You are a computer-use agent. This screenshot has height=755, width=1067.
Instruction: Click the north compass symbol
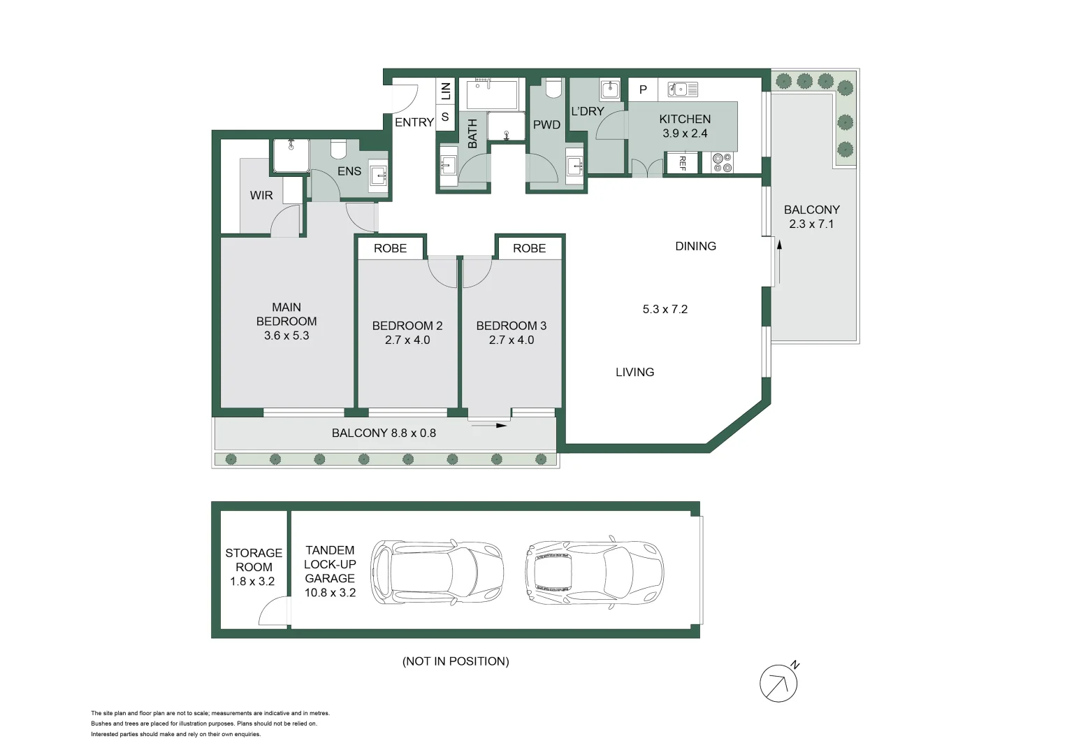778,682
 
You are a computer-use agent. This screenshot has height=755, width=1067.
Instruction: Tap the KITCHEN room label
685,120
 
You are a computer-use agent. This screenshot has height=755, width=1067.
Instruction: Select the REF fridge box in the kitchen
682,163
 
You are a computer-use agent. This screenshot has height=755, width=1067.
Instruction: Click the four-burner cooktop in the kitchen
723,163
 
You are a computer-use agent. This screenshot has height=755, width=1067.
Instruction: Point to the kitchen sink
682,89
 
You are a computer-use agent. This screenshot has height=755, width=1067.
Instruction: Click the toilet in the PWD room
553,89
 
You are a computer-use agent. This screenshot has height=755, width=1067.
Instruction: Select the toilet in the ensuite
338,149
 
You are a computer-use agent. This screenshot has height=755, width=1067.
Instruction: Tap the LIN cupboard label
445,91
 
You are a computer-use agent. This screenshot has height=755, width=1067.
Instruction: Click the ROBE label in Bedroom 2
390,248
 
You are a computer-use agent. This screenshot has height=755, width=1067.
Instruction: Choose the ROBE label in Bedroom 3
529,248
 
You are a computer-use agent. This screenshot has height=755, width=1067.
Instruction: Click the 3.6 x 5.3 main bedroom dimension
286,336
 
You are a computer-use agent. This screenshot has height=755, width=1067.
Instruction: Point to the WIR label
261,196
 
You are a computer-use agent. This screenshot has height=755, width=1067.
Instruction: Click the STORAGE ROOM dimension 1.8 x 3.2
252,581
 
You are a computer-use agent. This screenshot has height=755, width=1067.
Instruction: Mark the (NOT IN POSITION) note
456,661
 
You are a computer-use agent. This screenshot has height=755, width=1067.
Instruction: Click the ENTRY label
414,122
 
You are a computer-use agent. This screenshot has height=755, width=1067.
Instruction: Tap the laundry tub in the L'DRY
610,89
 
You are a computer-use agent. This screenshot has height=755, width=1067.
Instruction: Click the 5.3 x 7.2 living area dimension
665,309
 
